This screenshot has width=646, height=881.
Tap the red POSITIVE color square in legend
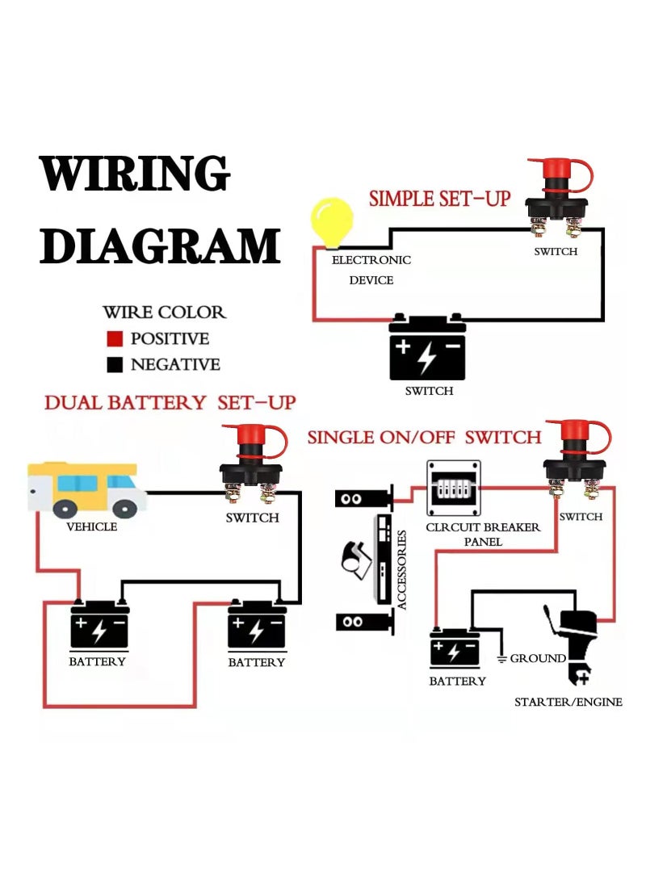(115, 338)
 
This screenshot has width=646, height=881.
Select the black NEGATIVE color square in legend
(115, 364)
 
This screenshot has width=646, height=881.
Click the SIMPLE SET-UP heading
(439, 199)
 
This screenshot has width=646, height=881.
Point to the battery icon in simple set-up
(427, 348)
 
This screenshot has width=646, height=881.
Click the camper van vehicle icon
(86, 489)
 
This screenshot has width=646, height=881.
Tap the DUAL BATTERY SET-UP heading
(170, 402)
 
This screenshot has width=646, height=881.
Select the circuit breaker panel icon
(453, 489)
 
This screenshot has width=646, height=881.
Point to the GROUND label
(537, 659)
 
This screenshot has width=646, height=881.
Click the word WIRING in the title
(135, 174)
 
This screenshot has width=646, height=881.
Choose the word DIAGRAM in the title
(160, 246)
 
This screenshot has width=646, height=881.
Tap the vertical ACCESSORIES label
(402, 570)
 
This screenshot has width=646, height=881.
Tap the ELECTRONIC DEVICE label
(371, 270)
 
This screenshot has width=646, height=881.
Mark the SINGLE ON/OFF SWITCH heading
(424, 438)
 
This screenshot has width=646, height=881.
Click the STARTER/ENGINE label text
(568, 702)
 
